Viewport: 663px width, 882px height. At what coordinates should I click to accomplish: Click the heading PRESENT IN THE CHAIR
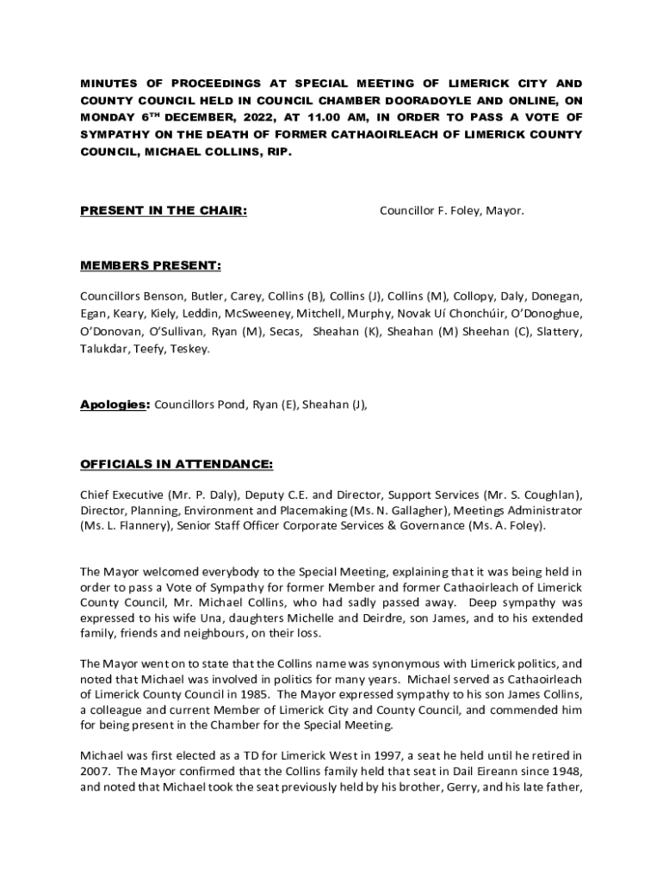pyautogui.click(x=164, y=210)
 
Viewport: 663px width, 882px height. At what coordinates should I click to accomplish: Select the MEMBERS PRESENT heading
pyautogui.click(x=150, y=265)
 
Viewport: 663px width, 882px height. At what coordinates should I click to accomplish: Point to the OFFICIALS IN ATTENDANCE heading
pyautogui.click(x=177, y=464)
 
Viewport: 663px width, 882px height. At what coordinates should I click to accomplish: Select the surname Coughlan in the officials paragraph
pyautogui.click(x=546, y=494)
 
